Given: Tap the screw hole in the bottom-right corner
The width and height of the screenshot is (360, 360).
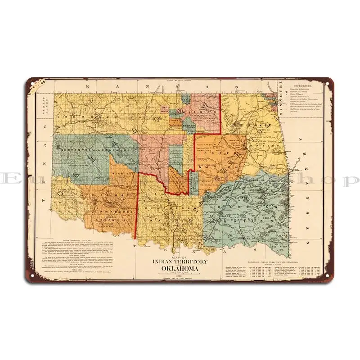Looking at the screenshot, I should pyautogui.click(x=328, y=276).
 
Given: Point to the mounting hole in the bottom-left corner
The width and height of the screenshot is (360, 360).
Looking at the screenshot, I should pyautogui.click(x=32, y=276).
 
